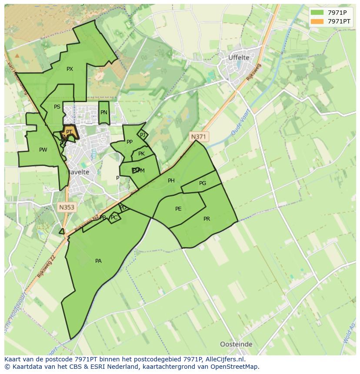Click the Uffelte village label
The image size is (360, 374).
pos(239,58)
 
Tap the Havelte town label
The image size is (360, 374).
pos(78,172)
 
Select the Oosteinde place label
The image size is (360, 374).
pos(236,344)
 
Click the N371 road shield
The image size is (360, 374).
pos(199,137)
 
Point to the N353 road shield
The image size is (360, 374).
pos(67,208)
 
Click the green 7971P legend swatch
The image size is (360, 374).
pos(317,13)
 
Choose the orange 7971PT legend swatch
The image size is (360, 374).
pos(317,21)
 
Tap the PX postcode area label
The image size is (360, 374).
pos(70,69)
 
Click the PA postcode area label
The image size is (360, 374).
pos(98,261)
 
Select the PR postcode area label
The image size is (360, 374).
pos(207,219)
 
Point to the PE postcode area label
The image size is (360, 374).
pos(178,209)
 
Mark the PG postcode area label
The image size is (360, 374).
pos(203,183)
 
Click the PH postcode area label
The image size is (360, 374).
pos(171,181)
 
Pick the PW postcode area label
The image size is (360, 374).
pos(43,150)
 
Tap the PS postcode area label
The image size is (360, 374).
pos(57,107)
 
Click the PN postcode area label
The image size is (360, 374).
pos(103,113)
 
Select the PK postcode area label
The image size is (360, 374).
pos(141,154)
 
